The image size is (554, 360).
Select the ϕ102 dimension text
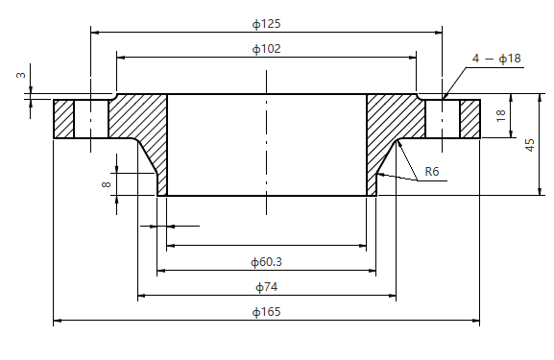(x=267, y=48)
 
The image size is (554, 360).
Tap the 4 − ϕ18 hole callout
(x=496, y=59)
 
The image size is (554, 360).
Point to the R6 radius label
(x=432, y=172)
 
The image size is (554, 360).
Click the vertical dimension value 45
(x=530, y=144)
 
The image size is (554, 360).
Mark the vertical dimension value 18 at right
(x=500, y=115)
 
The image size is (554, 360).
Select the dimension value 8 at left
(x=106, y=182)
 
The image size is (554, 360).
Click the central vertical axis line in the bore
(x=266, y=144)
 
